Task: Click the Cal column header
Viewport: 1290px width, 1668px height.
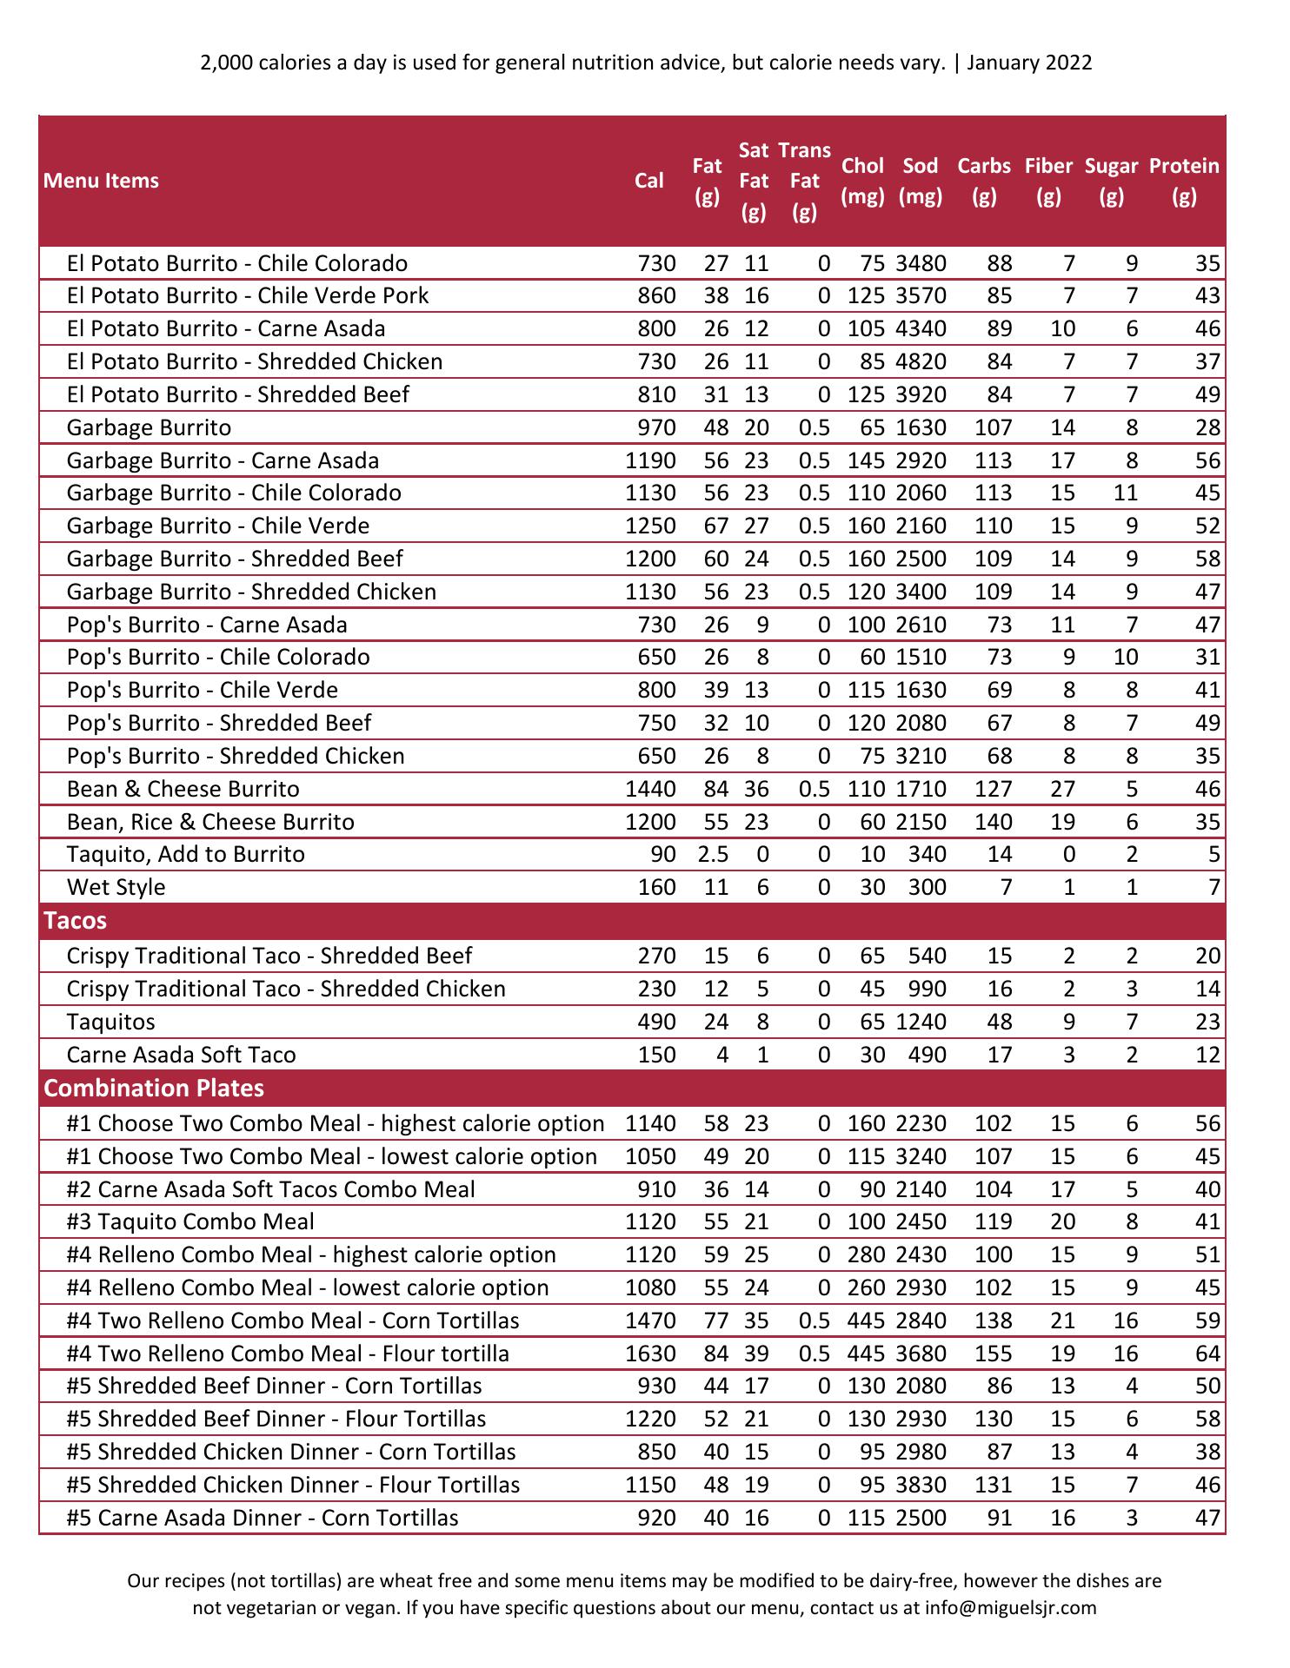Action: (648, 180)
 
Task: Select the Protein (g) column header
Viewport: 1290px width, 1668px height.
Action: (1183, 181)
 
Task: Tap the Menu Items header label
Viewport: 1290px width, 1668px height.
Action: (101, 181)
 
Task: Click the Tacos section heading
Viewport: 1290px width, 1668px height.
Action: (75, 921)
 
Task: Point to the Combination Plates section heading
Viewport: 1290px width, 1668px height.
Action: (153, 1088)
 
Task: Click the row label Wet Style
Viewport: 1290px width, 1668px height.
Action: (116, 887)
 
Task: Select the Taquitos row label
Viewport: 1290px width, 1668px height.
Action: (110, 1022)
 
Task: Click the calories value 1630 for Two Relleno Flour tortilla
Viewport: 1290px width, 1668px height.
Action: (650, 1354)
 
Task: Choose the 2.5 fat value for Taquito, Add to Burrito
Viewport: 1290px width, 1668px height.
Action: (713, 854)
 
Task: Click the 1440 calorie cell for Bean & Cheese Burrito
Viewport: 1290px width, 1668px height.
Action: (650, 789)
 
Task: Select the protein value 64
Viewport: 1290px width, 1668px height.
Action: (1207, 1354)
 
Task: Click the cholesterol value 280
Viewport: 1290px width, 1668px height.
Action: (866, 1254)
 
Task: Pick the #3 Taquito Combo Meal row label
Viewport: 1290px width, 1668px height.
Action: (190, 1221)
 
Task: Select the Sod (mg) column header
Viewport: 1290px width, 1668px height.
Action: (920, 181)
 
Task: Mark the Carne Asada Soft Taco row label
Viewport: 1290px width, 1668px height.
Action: (181, 1055)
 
